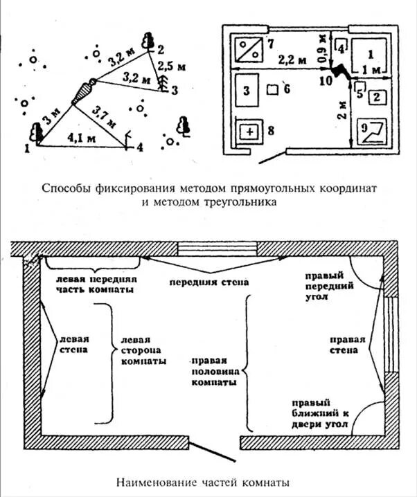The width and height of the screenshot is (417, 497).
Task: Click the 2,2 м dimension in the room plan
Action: [292, 60]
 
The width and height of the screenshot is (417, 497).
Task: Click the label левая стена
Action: [74, 345]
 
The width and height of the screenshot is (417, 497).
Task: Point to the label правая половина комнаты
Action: [215, 372]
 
